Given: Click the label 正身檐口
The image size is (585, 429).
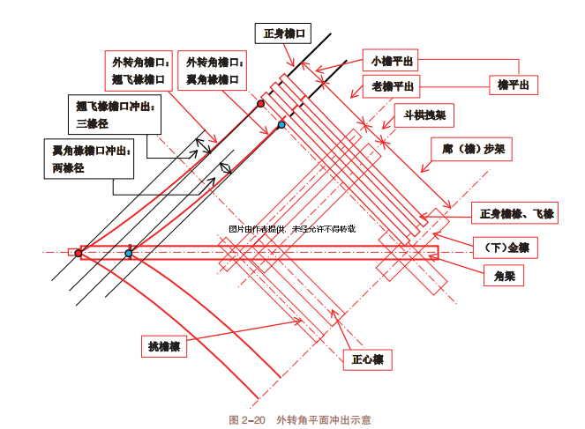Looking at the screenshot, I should [283, 33].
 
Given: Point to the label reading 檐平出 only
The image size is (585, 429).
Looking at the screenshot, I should [513, 85].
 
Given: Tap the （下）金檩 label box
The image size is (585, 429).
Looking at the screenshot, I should [499, 245].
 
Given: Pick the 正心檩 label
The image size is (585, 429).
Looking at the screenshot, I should [366, 359].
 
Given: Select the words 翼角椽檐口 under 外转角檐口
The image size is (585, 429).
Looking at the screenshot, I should [213, 78].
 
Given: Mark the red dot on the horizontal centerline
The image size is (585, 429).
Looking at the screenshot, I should [79, 253].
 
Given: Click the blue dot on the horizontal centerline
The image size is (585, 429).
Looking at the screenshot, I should [129, 254].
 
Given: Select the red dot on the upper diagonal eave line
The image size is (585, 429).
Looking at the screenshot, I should [260, 104].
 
